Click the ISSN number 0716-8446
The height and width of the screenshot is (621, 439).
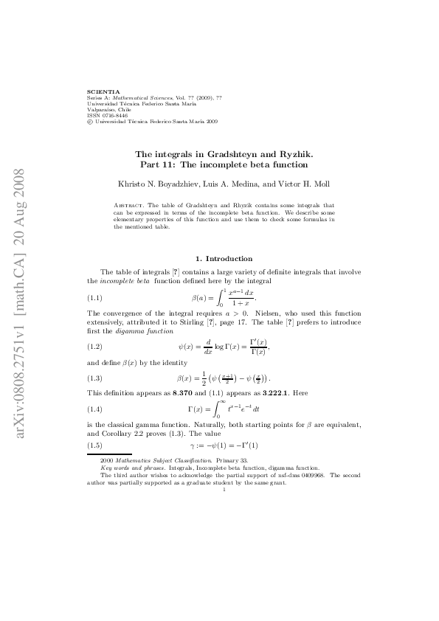tap(109, 115)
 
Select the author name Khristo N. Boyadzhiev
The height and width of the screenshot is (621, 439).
tap(138, 182)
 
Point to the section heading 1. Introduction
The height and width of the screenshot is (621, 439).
tap(224, 259)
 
